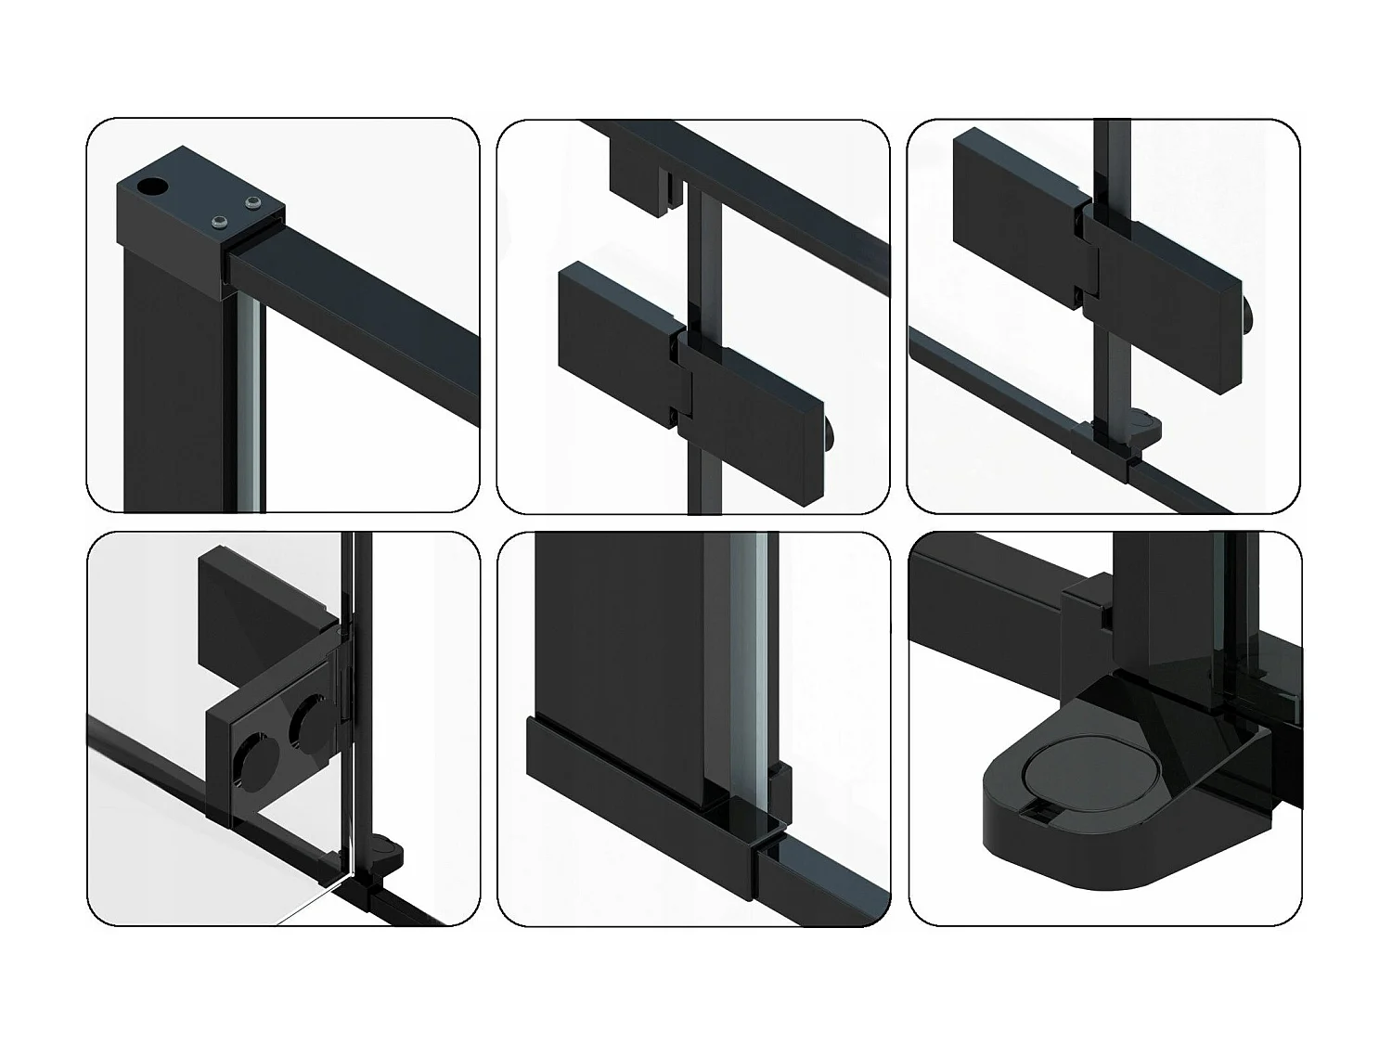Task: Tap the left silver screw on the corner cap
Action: [x=219, y=221]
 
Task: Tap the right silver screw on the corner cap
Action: [x=251, y=201]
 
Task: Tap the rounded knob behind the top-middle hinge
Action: [x=831, y=432]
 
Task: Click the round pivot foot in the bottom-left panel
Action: [x=387, y=850]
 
